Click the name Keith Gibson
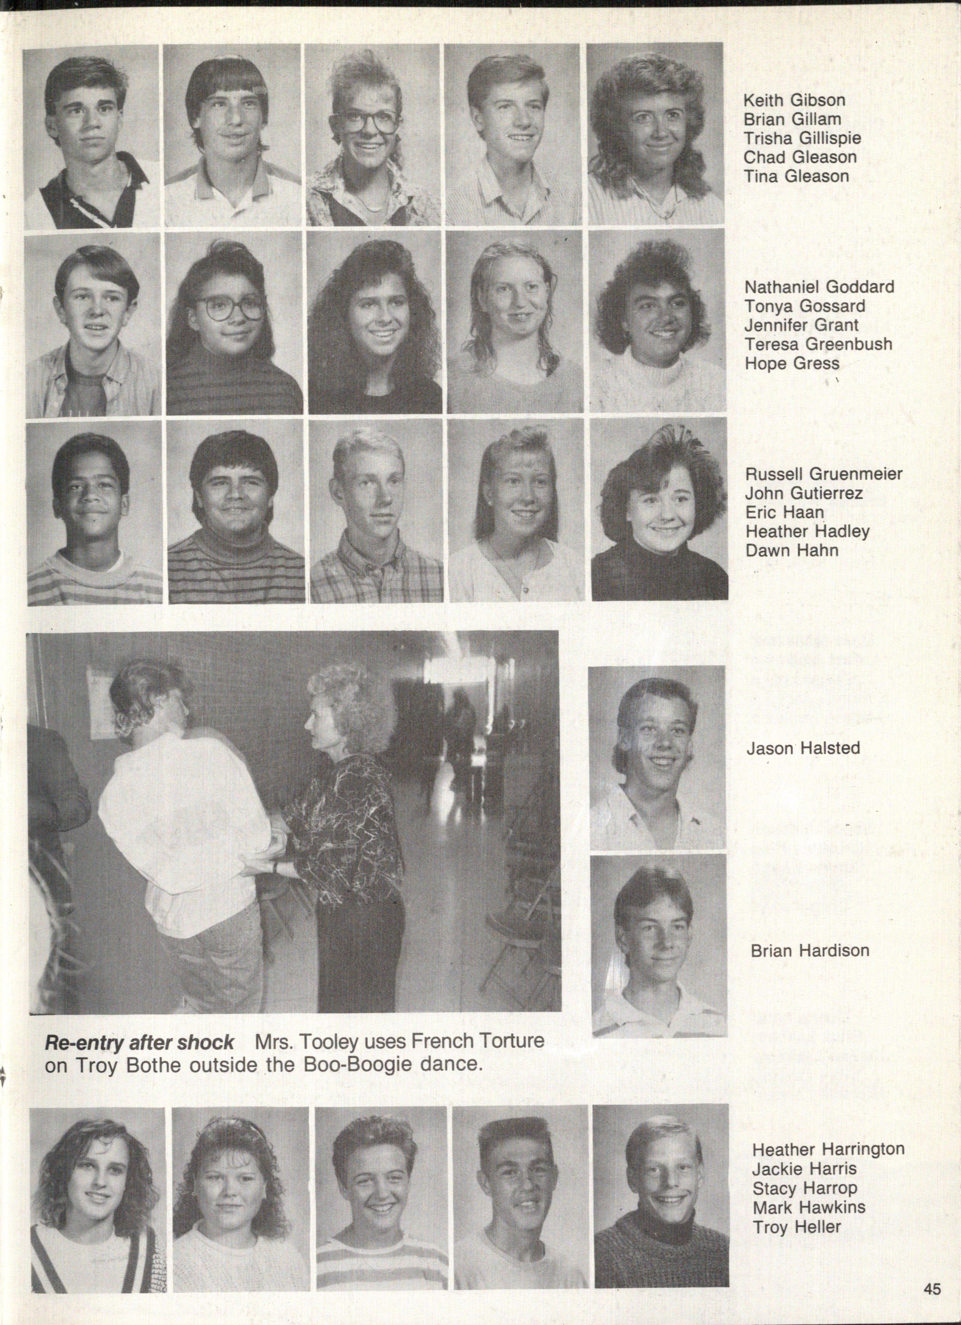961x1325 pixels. [794, 101]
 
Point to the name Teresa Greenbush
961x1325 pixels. [818, 344]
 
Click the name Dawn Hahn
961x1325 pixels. [791, 550]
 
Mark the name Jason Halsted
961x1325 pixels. [803, 749]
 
